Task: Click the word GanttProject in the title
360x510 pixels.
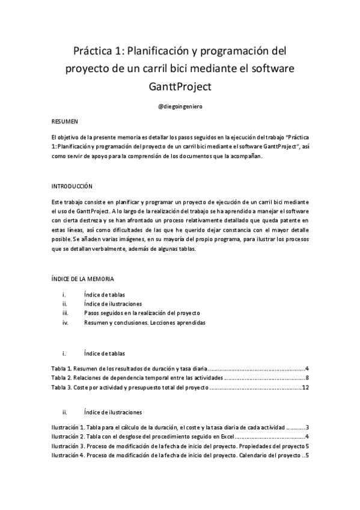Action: tap(179, 87)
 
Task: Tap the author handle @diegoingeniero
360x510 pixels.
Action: tap(179, 106)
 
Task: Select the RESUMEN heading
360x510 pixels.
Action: tap(64, 121)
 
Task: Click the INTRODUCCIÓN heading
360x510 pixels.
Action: tap(72, 186)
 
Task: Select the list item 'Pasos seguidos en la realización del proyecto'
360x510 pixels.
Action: tap(142, 313)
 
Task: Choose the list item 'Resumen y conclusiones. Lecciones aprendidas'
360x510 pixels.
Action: tap(145, 322)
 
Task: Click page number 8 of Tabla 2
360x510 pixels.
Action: tap(307, 378)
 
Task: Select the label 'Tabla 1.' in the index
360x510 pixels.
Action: tap(61, 368)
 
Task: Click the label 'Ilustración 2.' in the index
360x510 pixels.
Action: tap(67, 436)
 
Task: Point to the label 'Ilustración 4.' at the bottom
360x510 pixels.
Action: tap(67, 455)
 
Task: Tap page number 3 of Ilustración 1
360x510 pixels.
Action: tap(307, 426)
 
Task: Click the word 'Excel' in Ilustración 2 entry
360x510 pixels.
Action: tap(225, 436)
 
